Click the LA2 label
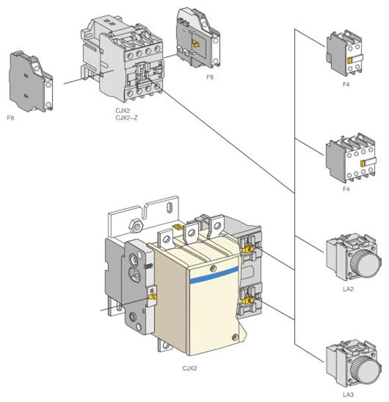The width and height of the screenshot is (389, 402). tap(348, 289)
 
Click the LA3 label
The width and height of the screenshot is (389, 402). tap(348, 395)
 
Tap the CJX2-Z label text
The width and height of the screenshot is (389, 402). tap(127, 118)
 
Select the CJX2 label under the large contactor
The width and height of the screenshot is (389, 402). tap(189, 368)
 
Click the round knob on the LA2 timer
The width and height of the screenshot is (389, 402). tap(367, 262)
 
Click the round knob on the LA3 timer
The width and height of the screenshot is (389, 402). tap(367, 369)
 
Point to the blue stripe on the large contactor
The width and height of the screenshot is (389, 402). tap(214, 274)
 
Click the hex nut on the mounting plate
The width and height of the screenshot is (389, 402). tap(137, 226)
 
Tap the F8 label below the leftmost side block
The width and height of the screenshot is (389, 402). tap(10, 118)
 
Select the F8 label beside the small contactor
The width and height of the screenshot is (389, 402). tap(210, 77)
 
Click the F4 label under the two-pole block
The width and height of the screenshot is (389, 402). tap(346, 84)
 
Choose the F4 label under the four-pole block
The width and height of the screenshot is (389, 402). tap(346, 189)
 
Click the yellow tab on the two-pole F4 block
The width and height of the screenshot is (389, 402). tap(350, 61)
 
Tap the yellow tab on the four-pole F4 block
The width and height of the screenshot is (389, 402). tap(363, 163)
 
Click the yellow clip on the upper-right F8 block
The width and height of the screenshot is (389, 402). tap(196, 44)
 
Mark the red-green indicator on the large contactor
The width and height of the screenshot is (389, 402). tap(148, 266)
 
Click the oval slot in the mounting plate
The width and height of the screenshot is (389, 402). tap(169, 207)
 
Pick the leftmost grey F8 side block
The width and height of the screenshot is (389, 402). tap(31, 81)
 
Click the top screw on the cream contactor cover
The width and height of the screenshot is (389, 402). tap(213, 268)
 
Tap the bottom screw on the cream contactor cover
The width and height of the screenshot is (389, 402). tap(234, 337)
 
